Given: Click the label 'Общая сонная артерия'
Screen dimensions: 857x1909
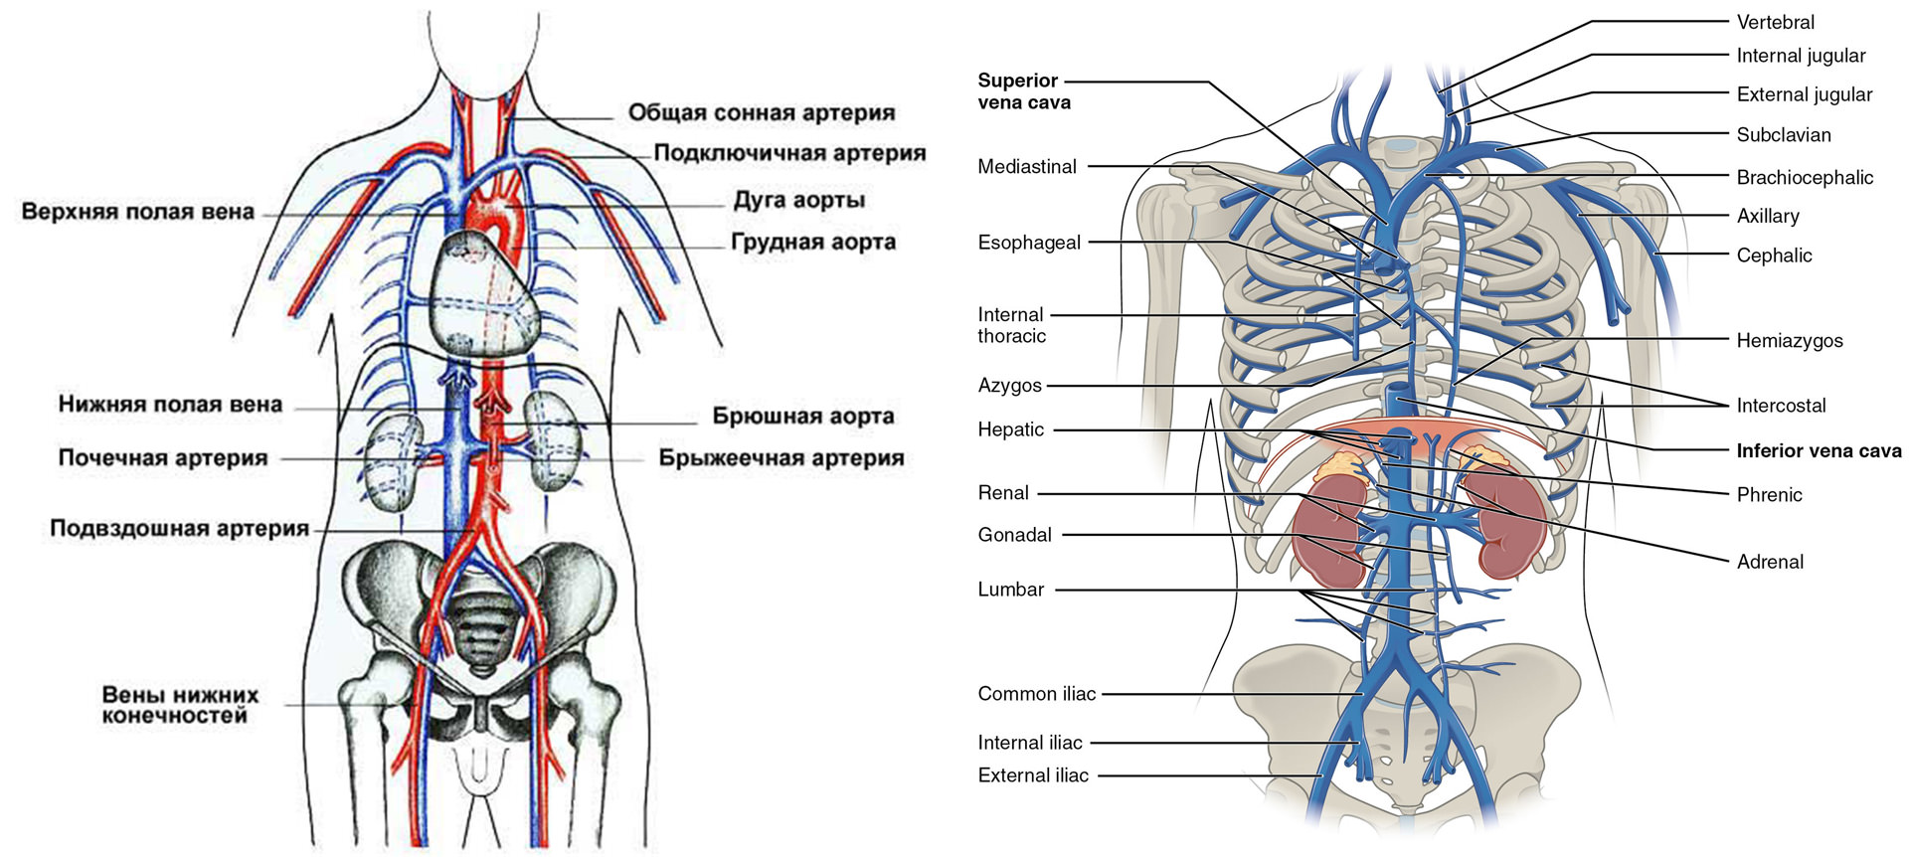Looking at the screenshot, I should [x=761, y=112].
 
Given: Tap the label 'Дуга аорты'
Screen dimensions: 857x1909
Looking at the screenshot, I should [x=798, y=200].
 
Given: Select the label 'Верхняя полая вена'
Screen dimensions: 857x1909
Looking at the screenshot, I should [x=137, y=212].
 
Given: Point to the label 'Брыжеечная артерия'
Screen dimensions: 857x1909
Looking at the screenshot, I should [x=781, y=458].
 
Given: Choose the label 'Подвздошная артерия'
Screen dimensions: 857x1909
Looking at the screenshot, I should [x=179, y=528].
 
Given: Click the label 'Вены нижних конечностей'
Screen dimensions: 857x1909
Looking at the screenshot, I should [x=180, y=705].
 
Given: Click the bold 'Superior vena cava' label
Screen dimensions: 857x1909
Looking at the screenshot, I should [x=1023, y=91].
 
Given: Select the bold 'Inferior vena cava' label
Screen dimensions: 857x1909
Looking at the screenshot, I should [x=1819, y=450].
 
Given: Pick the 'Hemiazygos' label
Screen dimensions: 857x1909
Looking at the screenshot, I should [x=1789, y=341].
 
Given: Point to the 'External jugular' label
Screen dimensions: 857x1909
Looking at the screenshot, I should [x=1804, y=94].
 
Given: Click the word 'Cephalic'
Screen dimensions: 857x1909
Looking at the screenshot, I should [x=1774, y=256].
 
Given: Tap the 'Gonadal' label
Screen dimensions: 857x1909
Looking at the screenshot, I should [x=1014, y=535].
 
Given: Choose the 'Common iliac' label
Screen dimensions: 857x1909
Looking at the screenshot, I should [x=1036, y=694].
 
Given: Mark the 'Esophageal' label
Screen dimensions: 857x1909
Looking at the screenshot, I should [x=1028, y=243].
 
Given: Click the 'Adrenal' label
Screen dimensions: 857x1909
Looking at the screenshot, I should [x=1769, y=562].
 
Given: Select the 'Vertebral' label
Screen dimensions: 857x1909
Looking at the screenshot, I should [x=1775, y=22].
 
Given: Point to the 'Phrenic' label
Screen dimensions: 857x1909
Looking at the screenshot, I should [x=1769, y=495].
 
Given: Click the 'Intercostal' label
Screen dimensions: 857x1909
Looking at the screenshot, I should [x=1781, y=406].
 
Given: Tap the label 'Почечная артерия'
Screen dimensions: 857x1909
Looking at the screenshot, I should [x=163, y=458].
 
